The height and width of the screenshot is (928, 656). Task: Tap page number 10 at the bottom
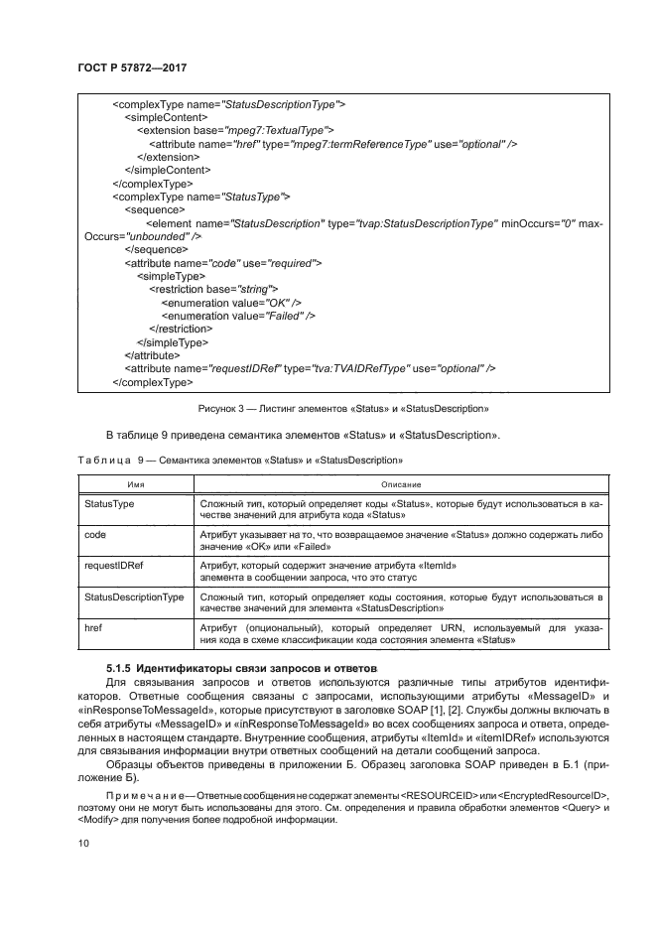(82, 842)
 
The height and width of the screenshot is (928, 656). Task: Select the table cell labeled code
(97, 534)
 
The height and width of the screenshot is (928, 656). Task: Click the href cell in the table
(96, 627)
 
